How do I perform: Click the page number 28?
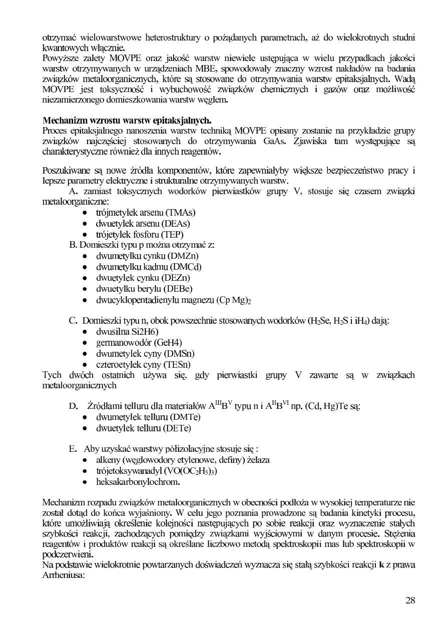click(x=410, y=600)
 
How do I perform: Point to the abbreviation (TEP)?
click(x=172, y=234)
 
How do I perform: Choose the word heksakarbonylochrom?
click(x=138, y=482)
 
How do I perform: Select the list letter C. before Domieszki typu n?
click(x=73, y=320)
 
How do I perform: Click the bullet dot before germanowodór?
click(x=86, y=343)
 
